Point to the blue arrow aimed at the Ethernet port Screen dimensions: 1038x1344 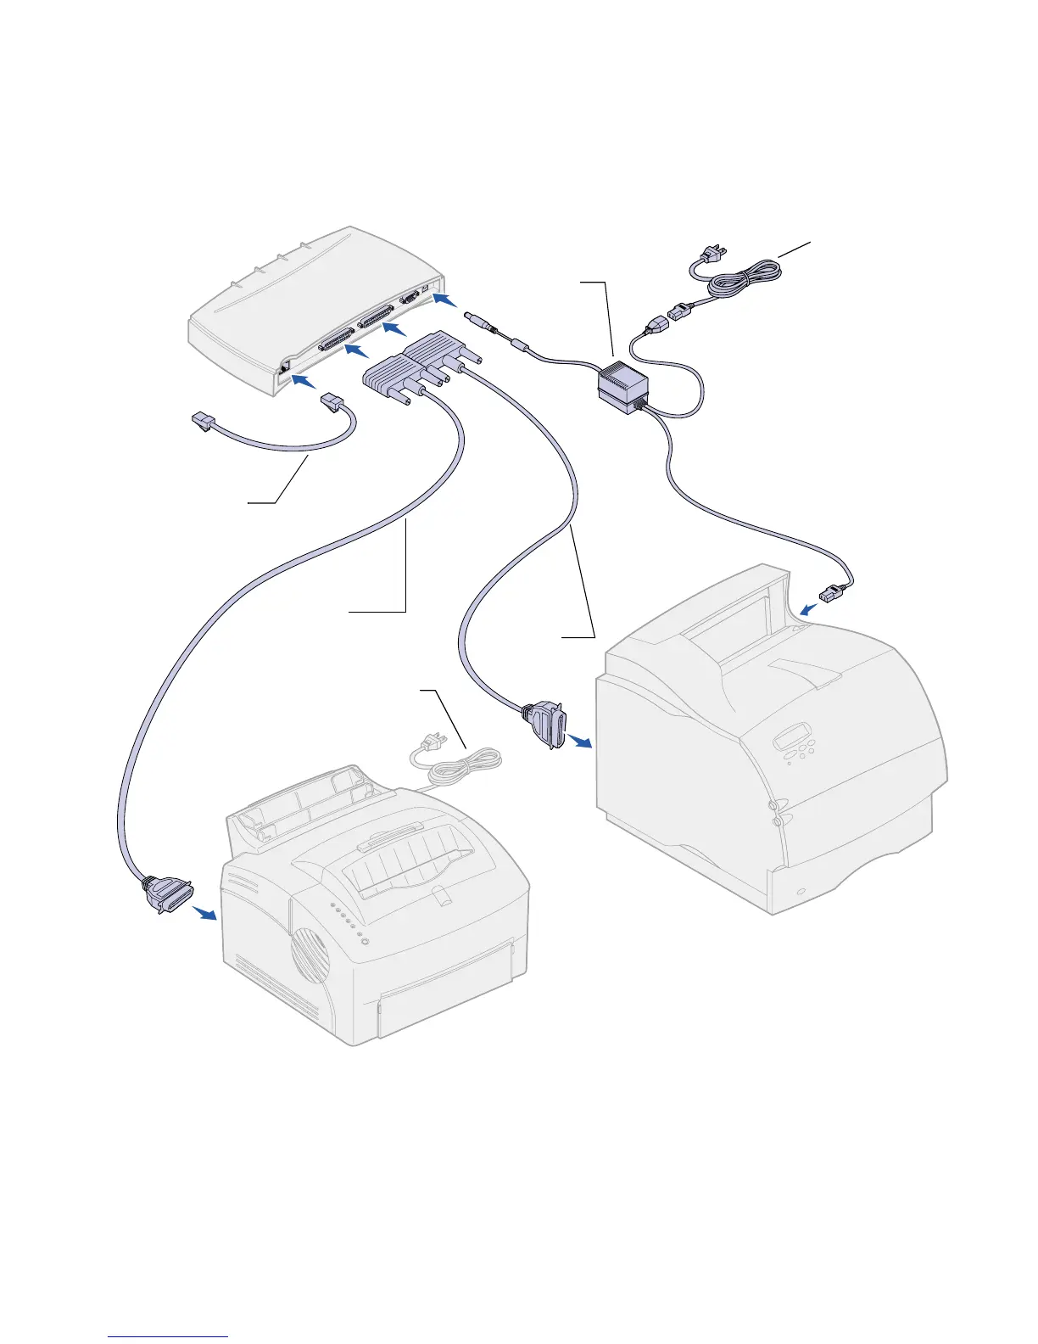pos(303,383)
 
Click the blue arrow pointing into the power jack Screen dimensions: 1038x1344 pos(444,300)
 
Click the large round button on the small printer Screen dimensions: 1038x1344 pos(366,942)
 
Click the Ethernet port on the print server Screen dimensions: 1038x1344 pos(284,367)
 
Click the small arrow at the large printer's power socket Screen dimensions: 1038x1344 pos(810,607)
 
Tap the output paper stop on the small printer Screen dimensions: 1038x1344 pos(438,895)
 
